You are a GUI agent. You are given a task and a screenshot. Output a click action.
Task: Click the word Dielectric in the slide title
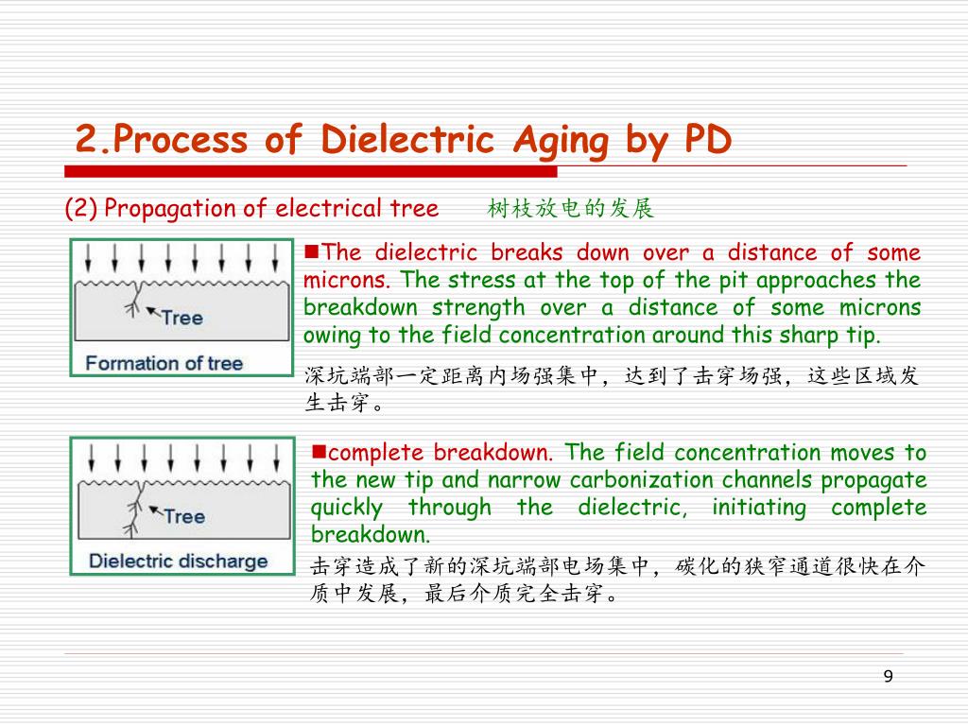(407, 141)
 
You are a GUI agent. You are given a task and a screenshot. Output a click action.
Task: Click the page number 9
(887, 676)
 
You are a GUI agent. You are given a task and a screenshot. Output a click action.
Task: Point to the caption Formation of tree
(164, 363)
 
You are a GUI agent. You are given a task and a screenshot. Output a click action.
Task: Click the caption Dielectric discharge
(178, 561)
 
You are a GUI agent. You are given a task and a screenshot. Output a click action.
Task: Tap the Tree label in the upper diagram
(181, 318)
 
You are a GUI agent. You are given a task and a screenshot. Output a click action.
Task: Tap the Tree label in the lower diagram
(183, 516)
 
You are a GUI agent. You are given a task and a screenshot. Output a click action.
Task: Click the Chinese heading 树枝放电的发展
(571, 209)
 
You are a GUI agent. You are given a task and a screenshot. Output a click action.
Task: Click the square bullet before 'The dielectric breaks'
(311, 251)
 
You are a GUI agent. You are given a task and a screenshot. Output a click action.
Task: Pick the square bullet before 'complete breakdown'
(319, 451)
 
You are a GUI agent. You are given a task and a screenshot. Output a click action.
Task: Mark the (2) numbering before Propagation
(81, 209)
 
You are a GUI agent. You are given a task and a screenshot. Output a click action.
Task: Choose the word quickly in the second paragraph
(346, 508)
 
